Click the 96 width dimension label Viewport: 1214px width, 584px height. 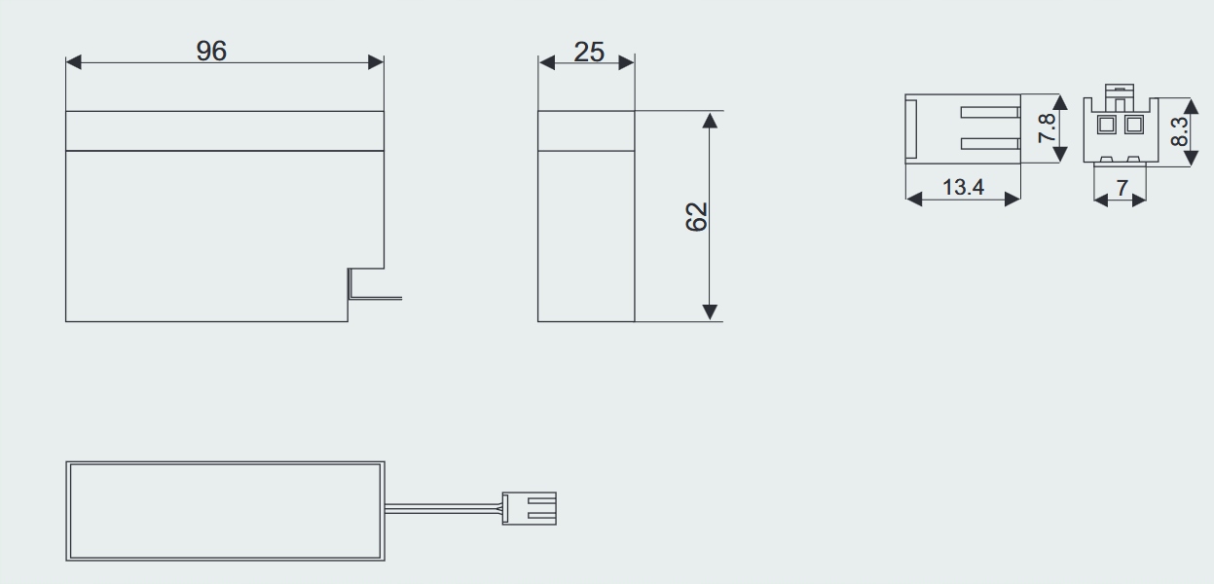[x=211, y=52]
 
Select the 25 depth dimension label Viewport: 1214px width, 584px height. [x=589, y=52]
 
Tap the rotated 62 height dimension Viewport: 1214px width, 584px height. [x=696, y=216]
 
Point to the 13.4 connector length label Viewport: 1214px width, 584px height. [x=963, y=187]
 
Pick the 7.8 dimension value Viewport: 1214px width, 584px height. [x=1047, y=128]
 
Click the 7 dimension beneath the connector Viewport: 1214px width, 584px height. [x=1122, y=187]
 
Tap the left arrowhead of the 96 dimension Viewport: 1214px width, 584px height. [x=73, y=62]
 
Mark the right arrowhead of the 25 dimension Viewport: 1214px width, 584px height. [x=626, y=62]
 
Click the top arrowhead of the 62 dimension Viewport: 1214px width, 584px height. [x=710, y=119]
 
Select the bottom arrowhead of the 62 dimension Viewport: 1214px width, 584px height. [x=710, y=312]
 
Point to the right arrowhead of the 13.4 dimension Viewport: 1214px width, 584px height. [x=1012, y=199]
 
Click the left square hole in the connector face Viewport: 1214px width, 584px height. [x=1107, y=125]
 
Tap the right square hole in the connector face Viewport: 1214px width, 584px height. [x=1132, y=125]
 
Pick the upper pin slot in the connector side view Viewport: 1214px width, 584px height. [x=989, y=112]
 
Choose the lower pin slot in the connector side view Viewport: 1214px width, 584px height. [x=989, y=144]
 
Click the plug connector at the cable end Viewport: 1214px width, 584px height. [x=529, y=508]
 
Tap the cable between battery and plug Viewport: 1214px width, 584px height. [x=443, y=507]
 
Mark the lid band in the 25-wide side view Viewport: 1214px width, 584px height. [x=586, y=130]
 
